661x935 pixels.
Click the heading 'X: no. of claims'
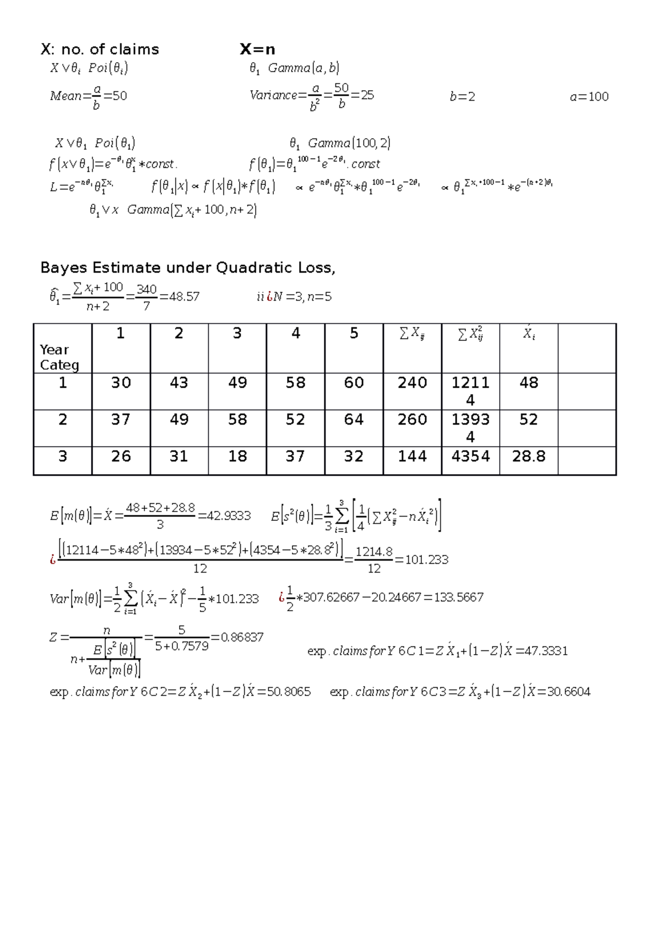pos(100,50)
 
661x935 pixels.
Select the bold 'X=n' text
pos(257,50)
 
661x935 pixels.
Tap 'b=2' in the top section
pos(462,97)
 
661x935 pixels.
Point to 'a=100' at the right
pos(589,97)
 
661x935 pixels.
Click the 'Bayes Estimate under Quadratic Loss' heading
pos(187,268)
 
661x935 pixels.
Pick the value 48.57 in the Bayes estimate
pos(185,297)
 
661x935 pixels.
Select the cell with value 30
pos(121,383)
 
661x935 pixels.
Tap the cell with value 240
pos(412,383)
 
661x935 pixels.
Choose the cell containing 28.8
pos(528,456)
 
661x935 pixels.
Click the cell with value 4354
pos(470,456)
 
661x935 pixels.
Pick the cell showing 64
pos(354,420)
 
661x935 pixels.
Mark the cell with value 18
pos(237,456)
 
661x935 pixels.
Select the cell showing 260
pos(412,420)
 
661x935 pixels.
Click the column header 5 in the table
pos(354,334)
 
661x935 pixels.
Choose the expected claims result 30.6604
pos(568,692)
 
